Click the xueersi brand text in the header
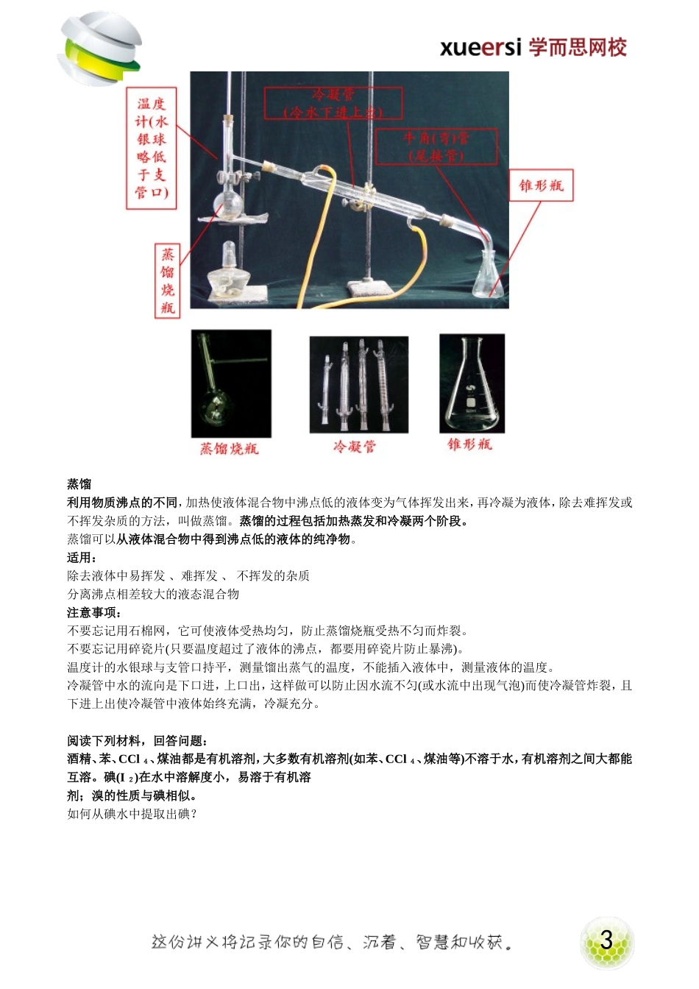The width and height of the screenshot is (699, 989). (x=533, y=48)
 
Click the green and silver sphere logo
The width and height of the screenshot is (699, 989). (x=99, y=49)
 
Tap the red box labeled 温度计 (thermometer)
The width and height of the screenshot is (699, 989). (x=152, y=149)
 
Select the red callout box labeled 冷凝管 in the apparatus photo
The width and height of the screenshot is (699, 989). (x=333, y=103)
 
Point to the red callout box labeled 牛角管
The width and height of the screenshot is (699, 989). (x=436, y=146)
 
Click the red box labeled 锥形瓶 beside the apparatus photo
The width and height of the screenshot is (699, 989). (x=541, y=185)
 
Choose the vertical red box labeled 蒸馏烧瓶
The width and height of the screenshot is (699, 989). (x=168, y=281)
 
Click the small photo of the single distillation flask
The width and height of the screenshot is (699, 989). (x=231, y=383)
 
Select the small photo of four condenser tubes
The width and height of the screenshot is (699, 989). (x=358, y=384)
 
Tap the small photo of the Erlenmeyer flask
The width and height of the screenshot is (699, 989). (x=472, y=383)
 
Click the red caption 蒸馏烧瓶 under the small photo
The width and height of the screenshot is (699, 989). (x=230, y=448)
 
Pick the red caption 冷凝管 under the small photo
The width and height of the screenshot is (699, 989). (x=355, y=447)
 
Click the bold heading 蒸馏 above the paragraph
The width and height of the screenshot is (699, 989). (x=79, y=484)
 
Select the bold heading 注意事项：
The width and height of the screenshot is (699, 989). (x=94, y=612)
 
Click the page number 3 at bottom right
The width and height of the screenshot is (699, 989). (x=606, y=940)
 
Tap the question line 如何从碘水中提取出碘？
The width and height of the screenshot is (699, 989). (x=132, y=814)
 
